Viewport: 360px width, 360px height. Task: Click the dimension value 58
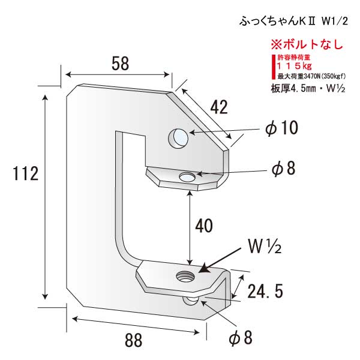point(120,64)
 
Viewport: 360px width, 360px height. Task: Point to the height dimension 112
point(26,174)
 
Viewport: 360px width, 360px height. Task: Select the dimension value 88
point(134,340)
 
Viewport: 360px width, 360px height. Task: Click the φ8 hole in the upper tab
point(188,177)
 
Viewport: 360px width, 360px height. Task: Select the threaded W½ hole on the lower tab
point(183,276)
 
